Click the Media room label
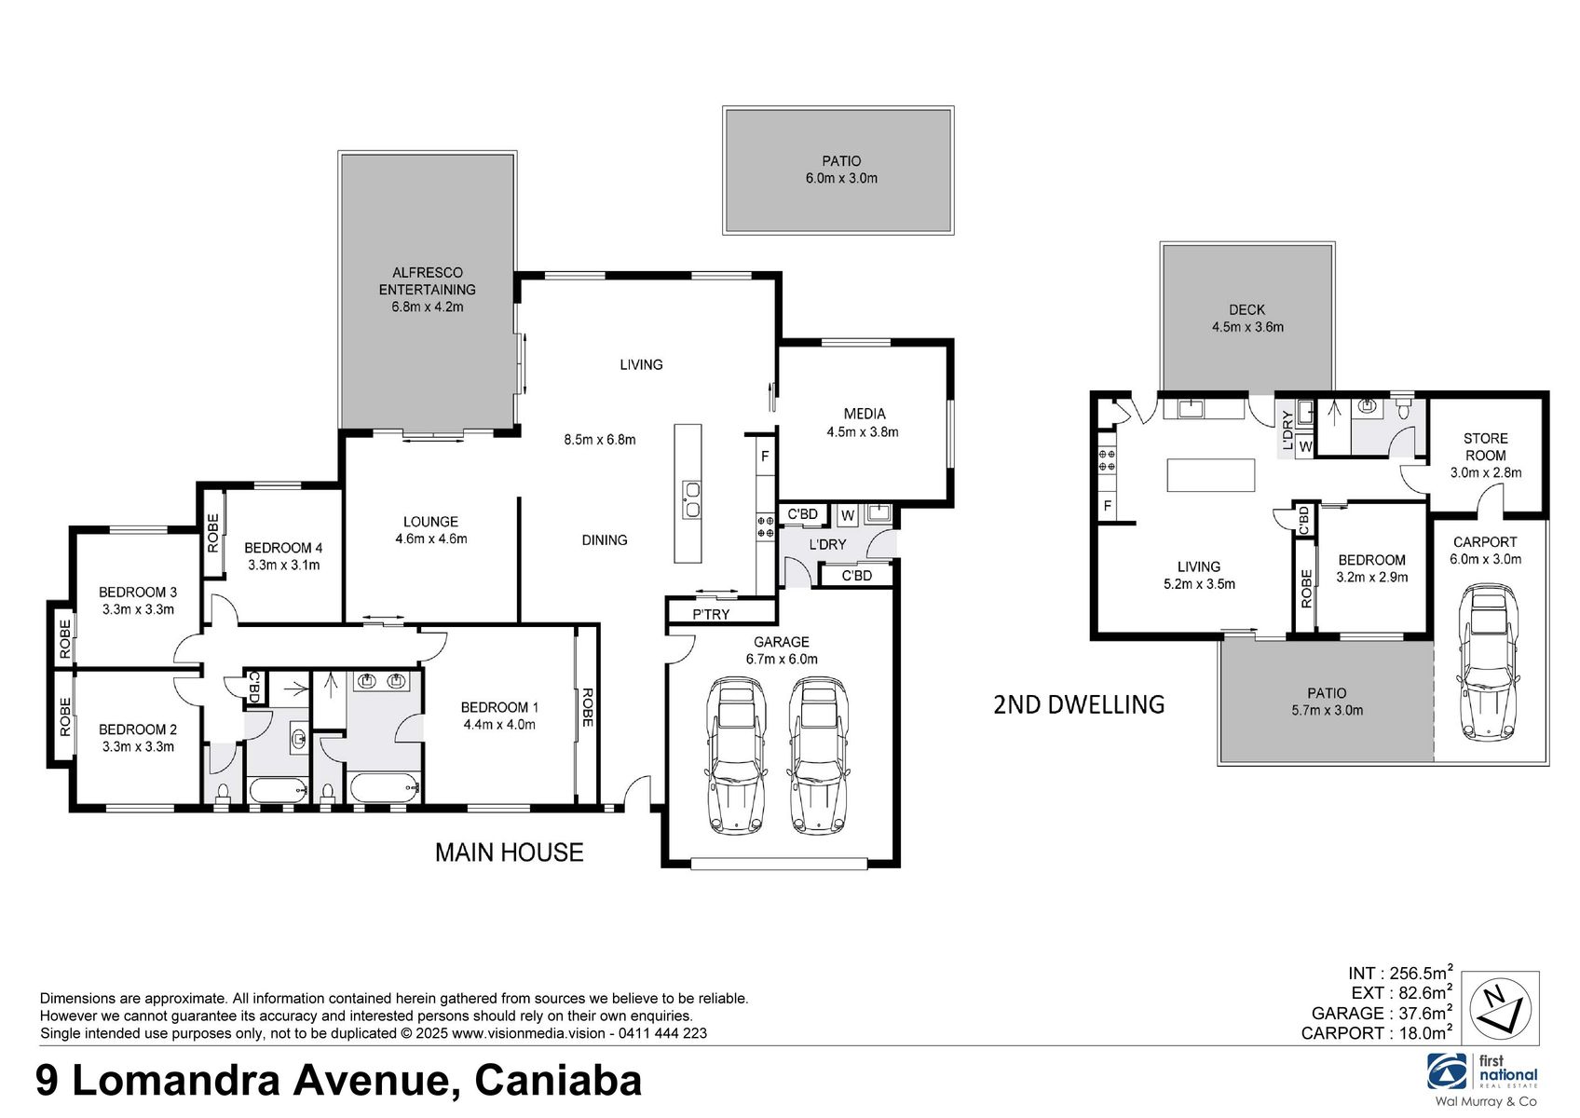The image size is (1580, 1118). [864, 414]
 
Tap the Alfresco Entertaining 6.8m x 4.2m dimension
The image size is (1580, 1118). [428, 307]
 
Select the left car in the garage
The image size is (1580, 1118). [736, 755]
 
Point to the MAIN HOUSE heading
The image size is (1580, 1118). [509, 852]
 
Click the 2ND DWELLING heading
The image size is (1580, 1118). [1079, 704]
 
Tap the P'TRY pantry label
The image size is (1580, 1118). [711, 614]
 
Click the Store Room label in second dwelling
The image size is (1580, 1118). [1485, 446]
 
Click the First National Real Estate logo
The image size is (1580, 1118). [1482, 1073]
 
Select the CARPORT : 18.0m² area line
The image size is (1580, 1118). [1376, 1032]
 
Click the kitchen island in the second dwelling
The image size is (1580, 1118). [1210, 474]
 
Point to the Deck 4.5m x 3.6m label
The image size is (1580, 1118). [1246, 318]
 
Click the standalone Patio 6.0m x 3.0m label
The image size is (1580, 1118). [840, 170]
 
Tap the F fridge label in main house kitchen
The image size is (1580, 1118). [765, 457]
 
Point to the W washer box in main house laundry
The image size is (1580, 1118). [847, 515]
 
